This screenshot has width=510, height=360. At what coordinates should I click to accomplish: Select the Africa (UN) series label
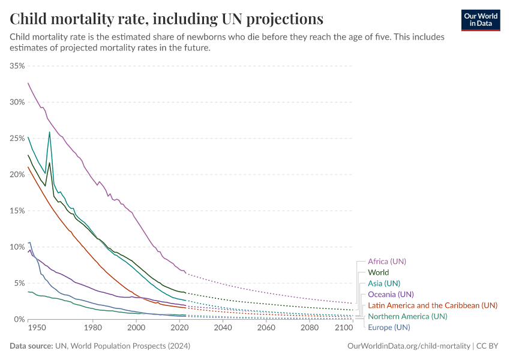tap(387, 262)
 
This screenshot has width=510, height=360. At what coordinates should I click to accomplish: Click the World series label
tap(378, 272)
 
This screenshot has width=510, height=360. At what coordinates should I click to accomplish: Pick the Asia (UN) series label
tap(383, 283)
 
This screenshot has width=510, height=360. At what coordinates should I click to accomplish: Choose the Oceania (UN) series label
tap(391, 294)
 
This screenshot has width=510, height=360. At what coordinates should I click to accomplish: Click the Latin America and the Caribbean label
tap(432, 305)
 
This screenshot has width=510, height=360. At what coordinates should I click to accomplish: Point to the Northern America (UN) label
tap(407, 316)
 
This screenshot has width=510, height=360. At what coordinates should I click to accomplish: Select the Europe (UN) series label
tap(389, 327)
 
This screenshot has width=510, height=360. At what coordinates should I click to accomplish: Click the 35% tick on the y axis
tap(17, 65)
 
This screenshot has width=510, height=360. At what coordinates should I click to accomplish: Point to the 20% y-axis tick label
tap(17, 175)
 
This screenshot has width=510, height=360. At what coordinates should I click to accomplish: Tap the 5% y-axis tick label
tap(19, 283)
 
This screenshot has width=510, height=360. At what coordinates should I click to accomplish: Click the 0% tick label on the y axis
tap(19, 319)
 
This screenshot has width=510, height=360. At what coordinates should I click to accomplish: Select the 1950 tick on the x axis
tap(36, 328)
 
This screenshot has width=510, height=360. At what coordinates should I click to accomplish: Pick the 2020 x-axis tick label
tap(179, 328)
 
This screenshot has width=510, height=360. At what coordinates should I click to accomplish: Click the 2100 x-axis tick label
tap(343, 328)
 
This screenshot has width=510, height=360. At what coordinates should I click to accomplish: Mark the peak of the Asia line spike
tap(50, 132)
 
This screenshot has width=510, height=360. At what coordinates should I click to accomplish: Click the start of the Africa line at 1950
tap(28, 83)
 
